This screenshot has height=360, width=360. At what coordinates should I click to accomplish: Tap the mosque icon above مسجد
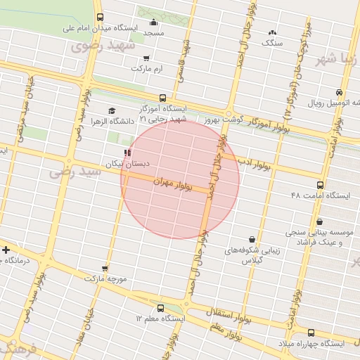[x=153, y=22]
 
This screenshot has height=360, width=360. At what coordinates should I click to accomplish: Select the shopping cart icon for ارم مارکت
[x=146, y=58]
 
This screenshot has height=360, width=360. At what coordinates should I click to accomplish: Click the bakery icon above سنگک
[x=272, y=32]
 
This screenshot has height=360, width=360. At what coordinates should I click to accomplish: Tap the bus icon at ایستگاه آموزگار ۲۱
[x=162, y=98]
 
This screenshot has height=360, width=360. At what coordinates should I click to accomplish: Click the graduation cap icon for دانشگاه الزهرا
[x=111, y=110]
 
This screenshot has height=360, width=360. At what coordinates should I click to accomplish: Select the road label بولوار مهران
[x=176, y=184]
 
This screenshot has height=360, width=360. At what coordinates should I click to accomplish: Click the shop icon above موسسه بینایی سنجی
[x=320, y=221]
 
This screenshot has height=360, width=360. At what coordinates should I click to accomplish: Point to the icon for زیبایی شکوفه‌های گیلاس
[x=252, y=238]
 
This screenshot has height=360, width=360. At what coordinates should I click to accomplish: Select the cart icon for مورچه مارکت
[x=105, y=268]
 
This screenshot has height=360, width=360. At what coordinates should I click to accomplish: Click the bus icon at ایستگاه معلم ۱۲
[x=160, y=308]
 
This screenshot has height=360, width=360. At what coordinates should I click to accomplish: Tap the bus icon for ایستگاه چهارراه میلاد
[x=311, y=332]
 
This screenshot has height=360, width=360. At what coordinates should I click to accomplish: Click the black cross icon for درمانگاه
[x=6, y=250]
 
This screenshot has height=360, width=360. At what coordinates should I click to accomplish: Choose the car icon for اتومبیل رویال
[x=339, y=93]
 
